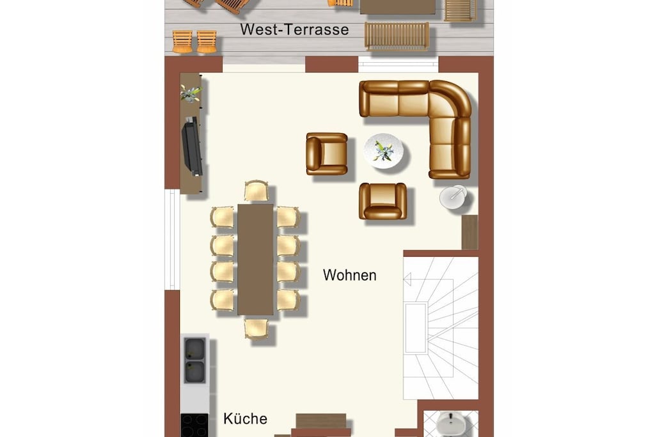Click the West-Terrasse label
tap(294, 29)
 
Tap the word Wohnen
tap(350, 275)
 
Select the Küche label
tap(245, 418)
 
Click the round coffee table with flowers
tap(384, 151)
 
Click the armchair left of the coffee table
tap(327, 154)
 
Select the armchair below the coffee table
tap(383, 201)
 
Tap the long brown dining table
tap(255, 259)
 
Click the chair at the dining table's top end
tap(256, 191)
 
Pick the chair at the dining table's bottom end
tap(256, 328)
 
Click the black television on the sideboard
tap(192, 147)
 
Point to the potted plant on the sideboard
tap(191, 93)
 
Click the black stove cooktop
tap(194, 425)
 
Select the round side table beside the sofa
tap(454, 197)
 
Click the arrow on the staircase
tap(407, 279)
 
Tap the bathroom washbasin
tap(452, 424)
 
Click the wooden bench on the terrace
tap(397, 36)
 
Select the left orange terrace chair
tap(182, 42)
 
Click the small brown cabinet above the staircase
tap(470, 232)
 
